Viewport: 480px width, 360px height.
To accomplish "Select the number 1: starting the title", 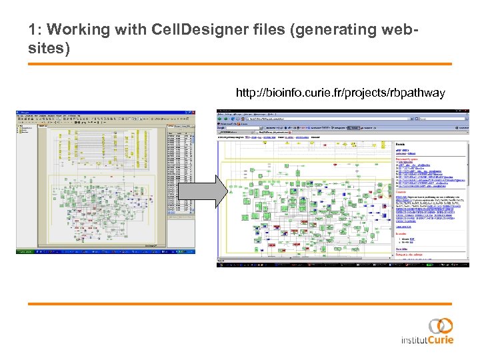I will (35, 30).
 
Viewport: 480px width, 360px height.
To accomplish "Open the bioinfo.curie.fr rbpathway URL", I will (340, 93).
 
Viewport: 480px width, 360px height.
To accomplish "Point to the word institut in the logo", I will (413, 340).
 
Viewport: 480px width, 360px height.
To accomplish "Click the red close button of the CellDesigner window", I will (194, 113).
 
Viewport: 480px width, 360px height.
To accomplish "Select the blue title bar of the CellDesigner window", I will (100, 113).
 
